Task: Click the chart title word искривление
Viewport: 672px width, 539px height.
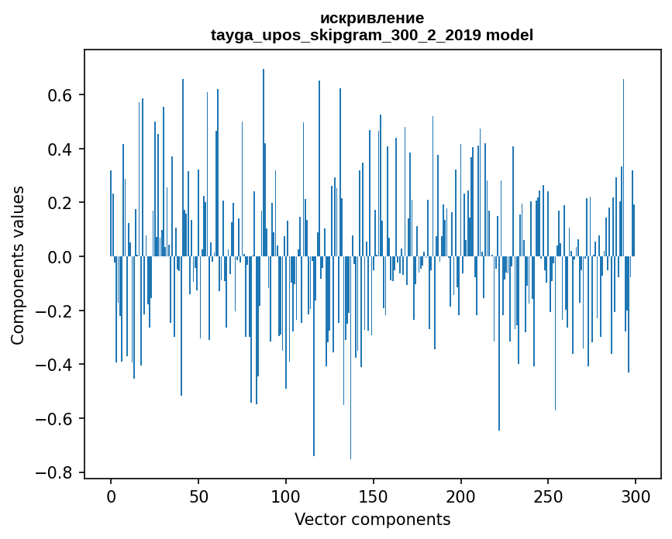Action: click(x=372, y=19)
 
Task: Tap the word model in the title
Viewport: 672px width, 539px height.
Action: click(x=509, y=36)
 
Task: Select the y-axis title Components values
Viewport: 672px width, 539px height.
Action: click(x=18, y=265)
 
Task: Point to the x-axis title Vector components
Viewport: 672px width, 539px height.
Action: click(x=372, y=519)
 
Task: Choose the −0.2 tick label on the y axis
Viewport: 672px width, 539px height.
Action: click(x=54, y=311)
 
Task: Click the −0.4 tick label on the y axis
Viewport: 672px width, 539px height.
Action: click(x=54, y=364)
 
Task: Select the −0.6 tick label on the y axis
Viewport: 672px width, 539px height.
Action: click(x=54, y=418)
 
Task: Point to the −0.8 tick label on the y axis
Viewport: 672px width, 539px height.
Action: click(x=54, y=472)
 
